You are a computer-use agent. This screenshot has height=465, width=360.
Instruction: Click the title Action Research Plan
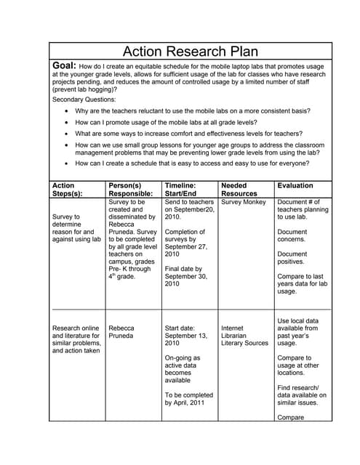coord(190,52)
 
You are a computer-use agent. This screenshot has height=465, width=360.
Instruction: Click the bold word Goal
coord(65,65)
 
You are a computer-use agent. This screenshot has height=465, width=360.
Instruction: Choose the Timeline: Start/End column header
coord(186,190)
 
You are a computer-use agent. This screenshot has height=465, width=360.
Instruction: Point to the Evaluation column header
coord(295,186)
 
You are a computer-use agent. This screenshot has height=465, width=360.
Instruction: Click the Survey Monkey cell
coord(244,203)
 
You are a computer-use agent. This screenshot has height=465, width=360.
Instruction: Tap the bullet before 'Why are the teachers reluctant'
coord(68,111)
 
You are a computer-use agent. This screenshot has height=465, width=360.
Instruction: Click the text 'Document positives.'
coord(292,258)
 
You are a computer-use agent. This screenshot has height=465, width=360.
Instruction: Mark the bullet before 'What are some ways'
coord(68,134)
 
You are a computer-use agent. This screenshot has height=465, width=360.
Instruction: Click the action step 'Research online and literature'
coord(76,336)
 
